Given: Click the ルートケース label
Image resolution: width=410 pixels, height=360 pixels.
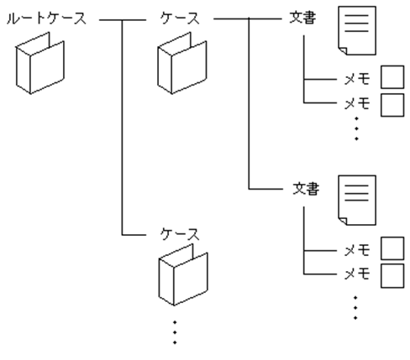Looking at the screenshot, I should coord(46,18).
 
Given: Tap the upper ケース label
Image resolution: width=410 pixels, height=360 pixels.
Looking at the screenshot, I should coord(181,18).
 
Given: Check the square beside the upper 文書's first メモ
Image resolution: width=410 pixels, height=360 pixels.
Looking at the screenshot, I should coord(392,81).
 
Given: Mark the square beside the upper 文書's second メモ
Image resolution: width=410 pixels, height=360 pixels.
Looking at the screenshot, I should coord(392,105).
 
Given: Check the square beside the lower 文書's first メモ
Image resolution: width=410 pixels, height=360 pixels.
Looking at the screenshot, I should coord(392,249).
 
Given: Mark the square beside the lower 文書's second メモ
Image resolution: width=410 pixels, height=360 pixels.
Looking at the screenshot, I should coord(392,274).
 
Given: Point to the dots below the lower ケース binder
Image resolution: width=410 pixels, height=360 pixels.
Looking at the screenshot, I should coord(175,331).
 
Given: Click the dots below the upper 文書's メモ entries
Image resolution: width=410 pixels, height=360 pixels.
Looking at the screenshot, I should coord(356,128).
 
